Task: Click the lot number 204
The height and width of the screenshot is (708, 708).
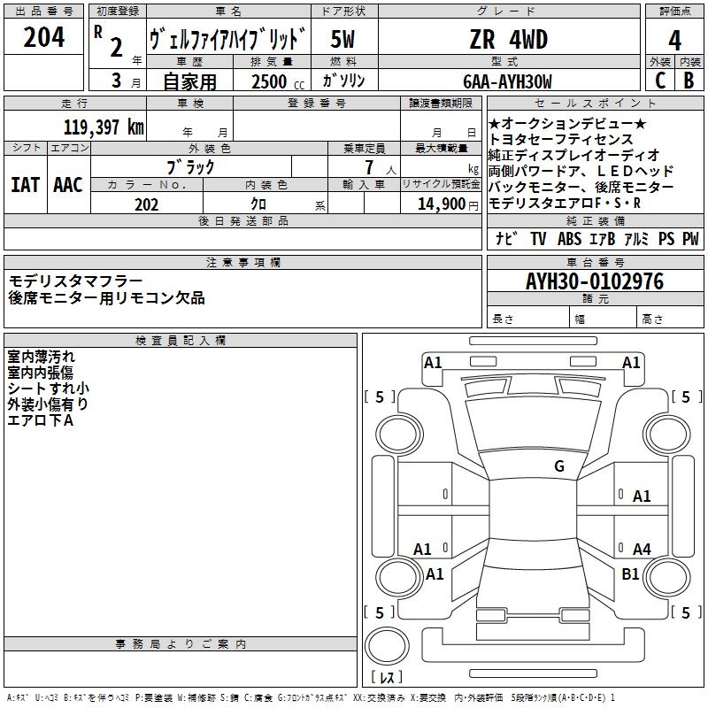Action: coord(43,37)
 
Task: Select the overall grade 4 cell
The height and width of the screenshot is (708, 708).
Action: coord(674,40)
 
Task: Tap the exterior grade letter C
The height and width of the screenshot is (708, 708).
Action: coord(660,81)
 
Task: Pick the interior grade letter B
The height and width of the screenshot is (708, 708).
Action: coord(689,81)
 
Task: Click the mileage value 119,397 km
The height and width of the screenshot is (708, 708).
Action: coord(104,127)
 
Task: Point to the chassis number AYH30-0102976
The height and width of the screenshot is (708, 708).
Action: coord(595,281)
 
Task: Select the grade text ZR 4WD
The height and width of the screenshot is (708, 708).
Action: coord(509,39)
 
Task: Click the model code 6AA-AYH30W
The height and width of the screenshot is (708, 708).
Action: coord(507,81)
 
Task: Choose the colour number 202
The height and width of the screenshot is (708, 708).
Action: coord(146,204)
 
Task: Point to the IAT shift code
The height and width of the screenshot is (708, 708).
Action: coord(26,185)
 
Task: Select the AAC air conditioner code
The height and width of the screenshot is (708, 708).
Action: coord(68,185)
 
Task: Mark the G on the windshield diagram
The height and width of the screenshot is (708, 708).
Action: coord(559,466)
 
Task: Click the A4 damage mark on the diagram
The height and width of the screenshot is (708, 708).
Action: coord(642,549)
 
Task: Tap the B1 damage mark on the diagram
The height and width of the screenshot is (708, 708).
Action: coord(630,573)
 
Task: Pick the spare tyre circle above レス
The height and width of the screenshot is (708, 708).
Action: coord(387,646)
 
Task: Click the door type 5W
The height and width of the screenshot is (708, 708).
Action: coord(342,39)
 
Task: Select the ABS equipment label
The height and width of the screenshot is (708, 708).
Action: coord(569,238)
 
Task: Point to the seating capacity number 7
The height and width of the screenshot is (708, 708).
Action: coord(369,167)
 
